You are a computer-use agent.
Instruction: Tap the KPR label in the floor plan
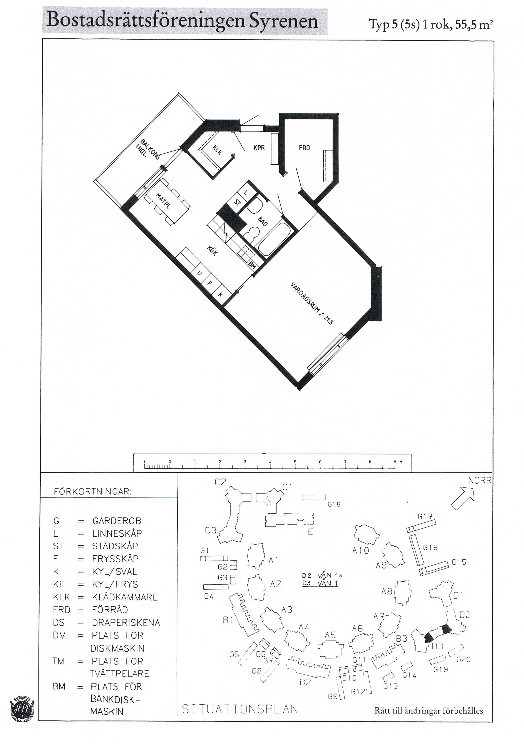(x=259, y=148)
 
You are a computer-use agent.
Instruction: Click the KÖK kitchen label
(x=212, y=251)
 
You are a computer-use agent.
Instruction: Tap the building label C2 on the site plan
(x=221, y=482)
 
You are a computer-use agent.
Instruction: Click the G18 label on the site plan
(x=334, y=505)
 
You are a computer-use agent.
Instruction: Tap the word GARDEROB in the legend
(x=117, y=521)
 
